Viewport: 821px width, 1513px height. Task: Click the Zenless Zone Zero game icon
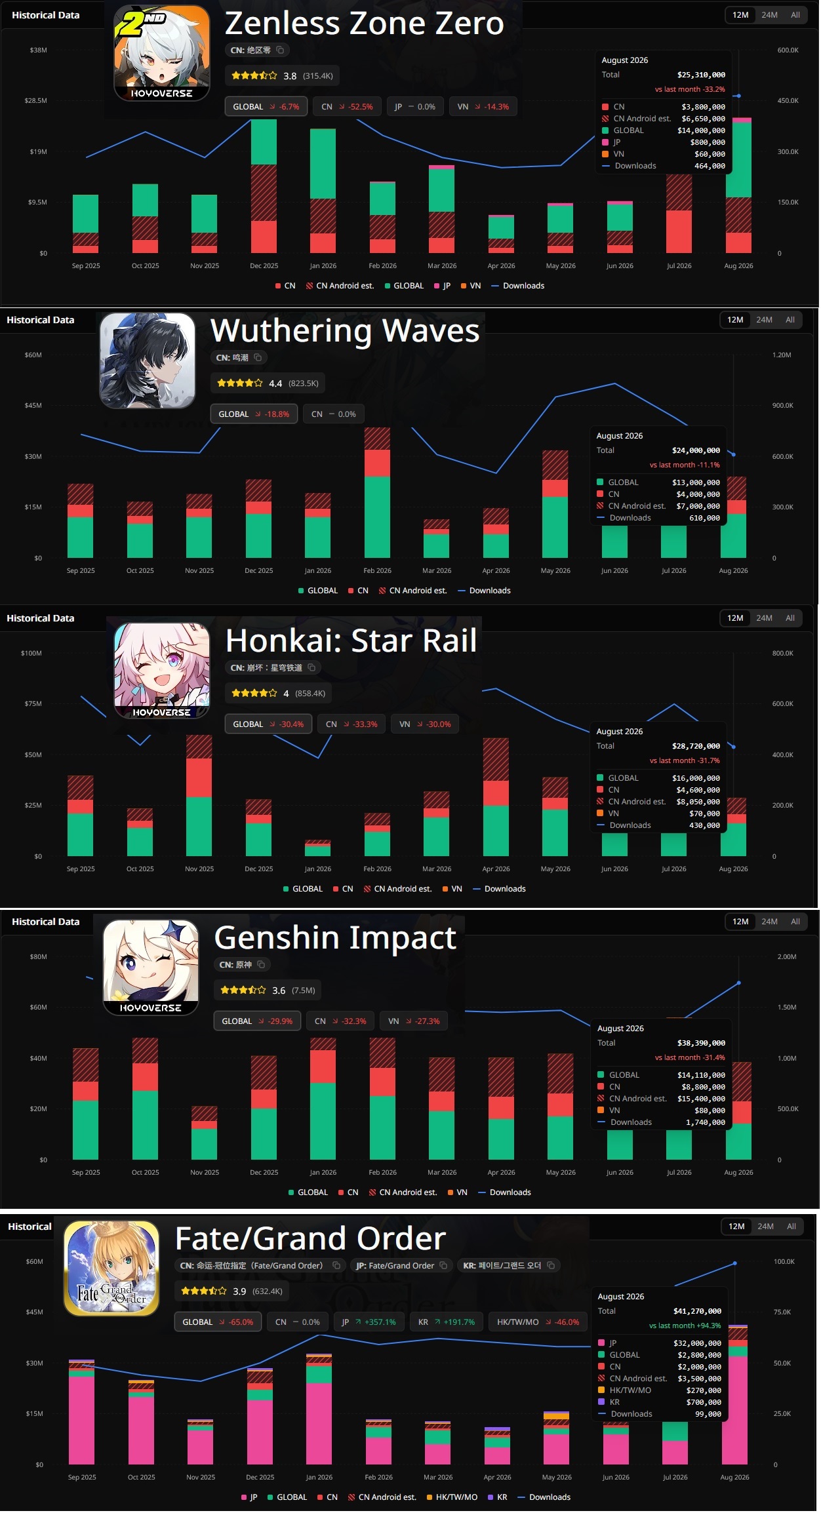162,53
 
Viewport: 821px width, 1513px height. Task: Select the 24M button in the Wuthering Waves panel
764,320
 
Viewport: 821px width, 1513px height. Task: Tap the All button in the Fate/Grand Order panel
791,1227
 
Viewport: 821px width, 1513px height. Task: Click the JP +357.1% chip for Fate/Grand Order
369,1322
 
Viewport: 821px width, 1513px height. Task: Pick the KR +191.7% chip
446,1322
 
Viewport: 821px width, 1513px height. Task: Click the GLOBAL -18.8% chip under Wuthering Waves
254,414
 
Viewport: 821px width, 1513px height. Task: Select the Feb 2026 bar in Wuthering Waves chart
377,493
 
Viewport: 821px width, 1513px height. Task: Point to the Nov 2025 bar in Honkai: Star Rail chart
199,796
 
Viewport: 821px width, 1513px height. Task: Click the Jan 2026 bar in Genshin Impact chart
323,1099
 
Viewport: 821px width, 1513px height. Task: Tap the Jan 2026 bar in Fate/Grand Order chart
319,1409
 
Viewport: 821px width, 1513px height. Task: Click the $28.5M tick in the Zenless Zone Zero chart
36,101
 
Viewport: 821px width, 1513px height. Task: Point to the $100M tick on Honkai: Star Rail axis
31,654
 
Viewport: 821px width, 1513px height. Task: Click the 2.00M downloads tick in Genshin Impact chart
787,957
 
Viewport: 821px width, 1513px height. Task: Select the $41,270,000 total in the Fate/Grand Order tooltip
697,1311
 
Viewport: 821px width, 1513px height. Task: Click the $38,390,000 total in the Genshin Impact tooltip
701,1043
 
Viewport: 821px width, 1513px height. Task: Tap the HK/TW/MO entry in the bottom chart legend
452,1497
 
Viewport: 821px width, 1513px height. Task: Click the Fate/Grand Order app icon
111,1268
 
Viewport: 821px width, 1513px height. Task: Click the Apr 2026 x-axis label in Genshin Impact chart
502,1173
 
